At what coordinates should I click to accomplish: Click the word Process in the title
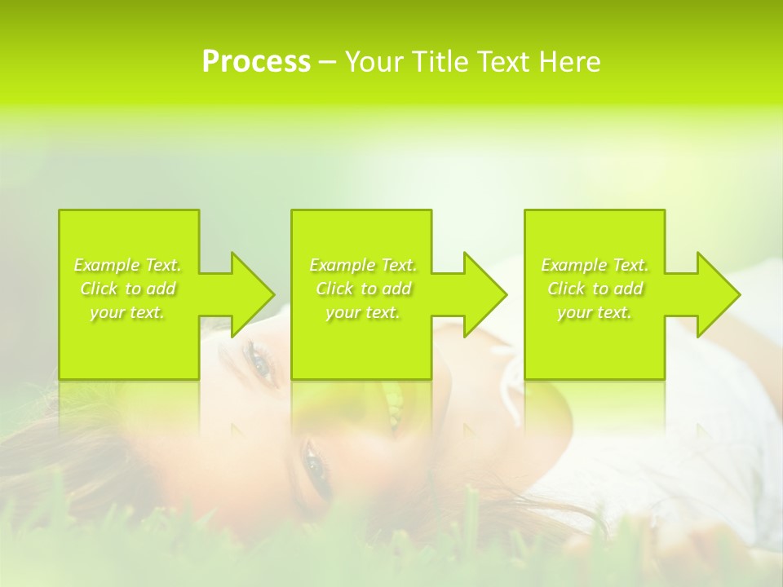(256, 62)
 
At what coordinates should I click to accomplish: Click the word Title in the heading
(438, 62)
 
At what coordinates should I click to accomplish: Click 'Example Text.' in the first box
(127, 265)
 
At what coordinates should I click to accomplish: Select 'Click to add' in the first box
(127, 289)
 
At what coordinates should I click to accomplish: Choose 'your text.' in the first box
(127, 312)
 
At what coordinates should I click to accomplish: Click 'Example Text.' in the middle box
(362, 265)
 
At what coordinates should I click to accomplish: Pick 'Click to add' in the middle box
(362, 289)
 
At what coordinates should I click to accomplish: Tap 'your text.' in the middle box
(362, 312)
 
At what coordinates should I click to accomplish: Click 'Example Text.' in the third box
(595, 265)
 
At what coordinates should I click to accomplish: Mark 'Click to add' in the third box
(595, 289)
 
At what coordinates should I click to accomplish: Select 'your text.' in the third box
(595, 312)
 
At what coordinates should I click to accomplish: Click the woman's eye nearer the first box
(259, 360)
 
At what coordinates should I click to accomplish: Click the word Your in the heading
(372, 62)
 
